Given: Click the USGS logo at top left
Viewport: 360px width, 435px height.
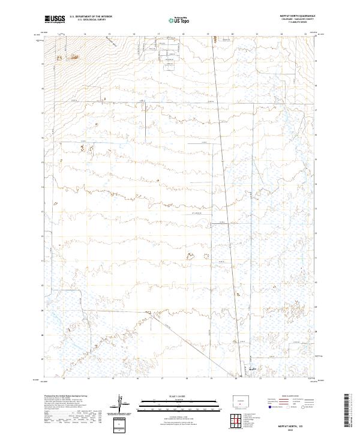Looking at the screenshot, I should [x=55, y=19].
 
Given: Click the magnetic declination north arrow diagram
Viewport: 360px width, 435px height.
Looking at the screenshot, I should [x=122, y=406].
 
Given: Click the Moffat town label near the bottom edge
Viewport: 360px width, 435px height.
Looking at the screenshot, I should [x=252, y=368].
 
